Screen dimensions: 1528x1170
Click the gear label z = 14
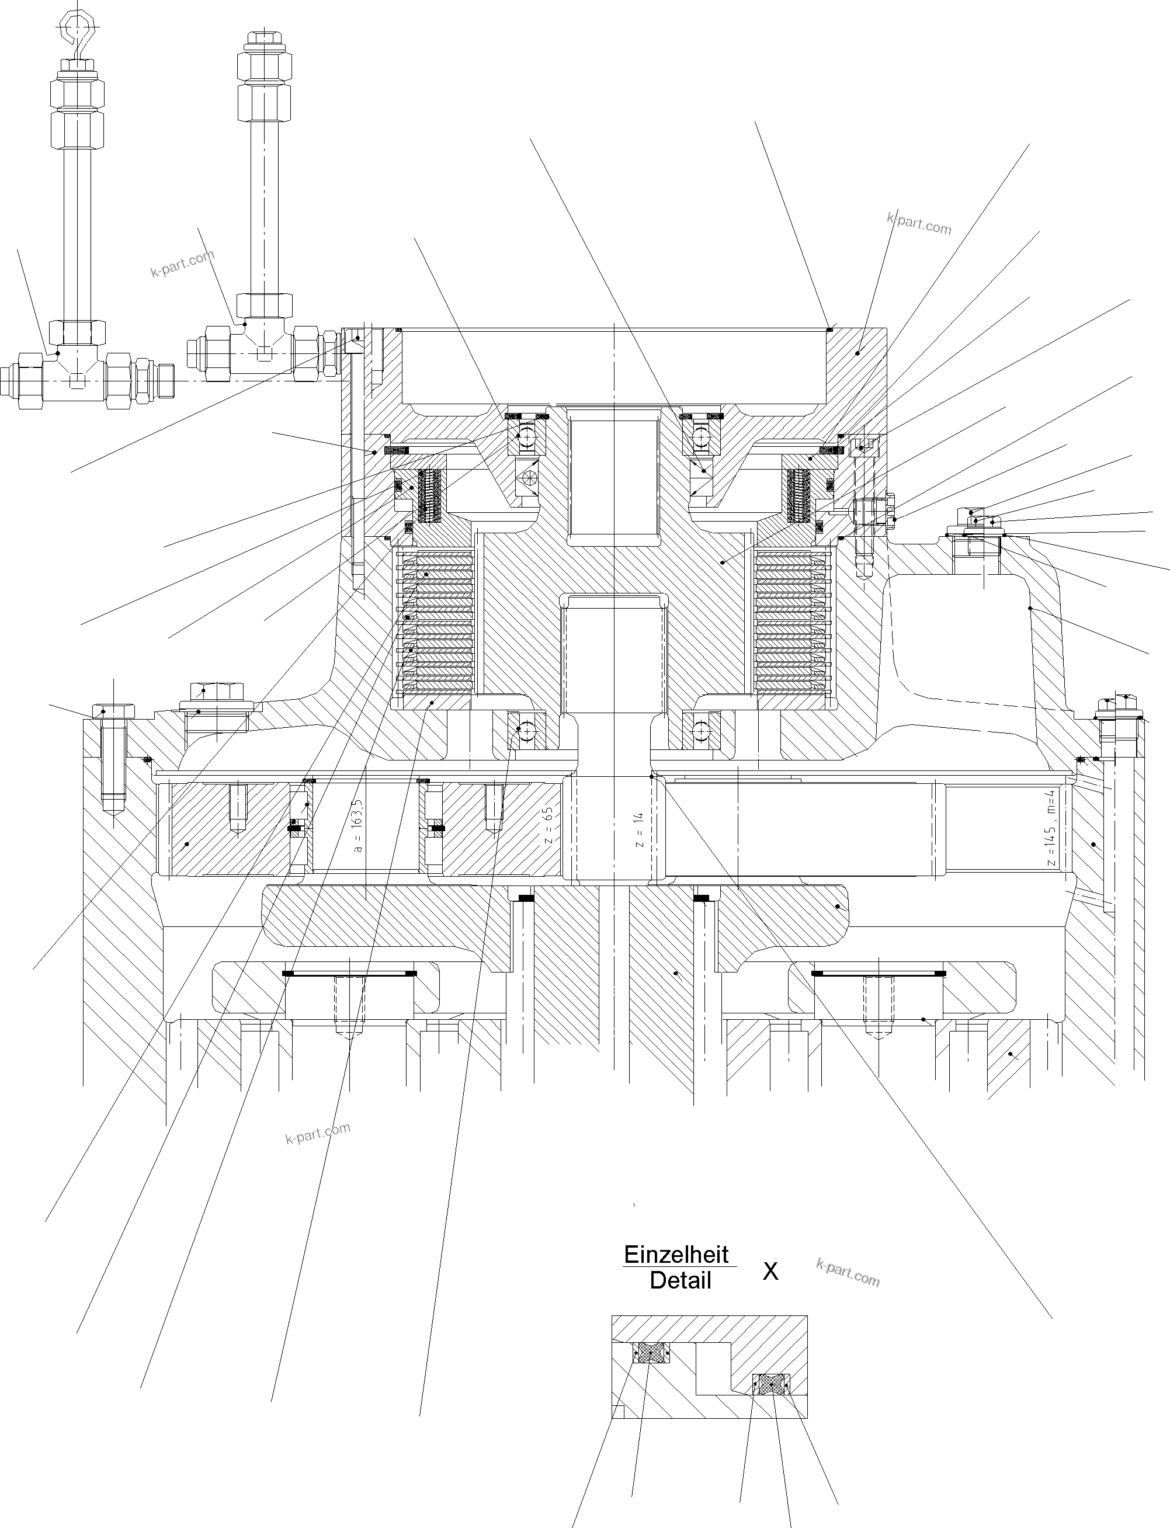coord(639,829)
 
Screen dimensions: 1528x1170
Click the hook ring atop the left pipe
coord(73,26)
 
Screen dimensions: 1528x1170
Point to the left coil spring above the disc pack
coord(429,495)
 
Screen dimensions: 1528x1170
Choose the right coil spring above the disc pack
coord(797,495)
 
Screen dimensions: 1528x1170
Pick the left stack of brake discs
coord(435,624)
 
